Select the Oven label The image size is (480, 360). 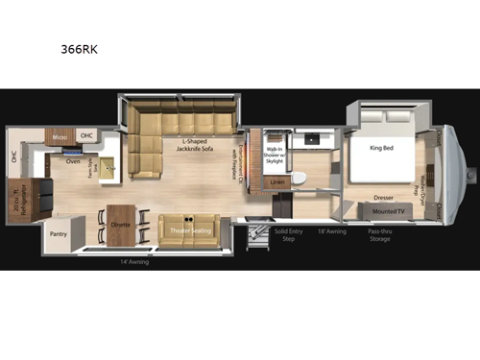[73, 162]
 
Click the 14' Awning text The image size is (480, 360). [133, 262]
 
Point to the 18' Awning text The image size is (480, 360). [331, 231]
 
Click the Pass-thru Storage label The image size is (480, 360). [378, 235]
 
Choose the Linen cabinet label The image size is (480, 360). [278, 181]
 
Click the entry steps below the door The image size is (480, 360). [256, 233]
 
